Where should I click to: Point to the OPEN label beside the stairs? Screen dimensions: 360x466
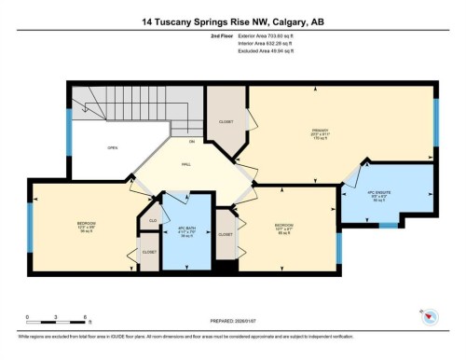coord(112,147)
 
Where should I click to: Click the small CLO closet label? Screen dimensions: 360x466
coord(150,220)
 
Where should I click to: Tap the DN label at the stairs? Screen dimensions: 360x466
coord(191,141)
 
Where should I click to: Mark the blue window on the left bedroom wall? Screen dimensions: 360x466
coord(31,227)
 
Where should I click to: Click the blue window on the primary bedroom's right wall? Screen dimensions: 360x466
coord(435,120)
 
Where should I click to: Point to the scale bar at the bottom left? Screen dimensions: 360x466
coord(56,314)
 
